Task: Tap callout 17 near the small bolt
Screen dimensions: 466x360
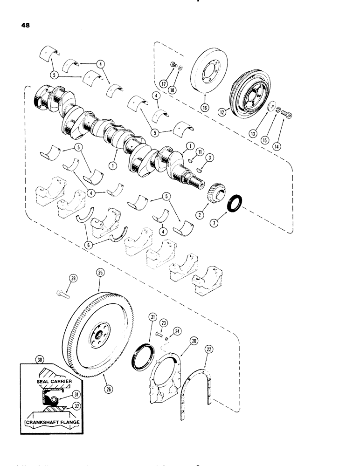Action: [x=176, y=84]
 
